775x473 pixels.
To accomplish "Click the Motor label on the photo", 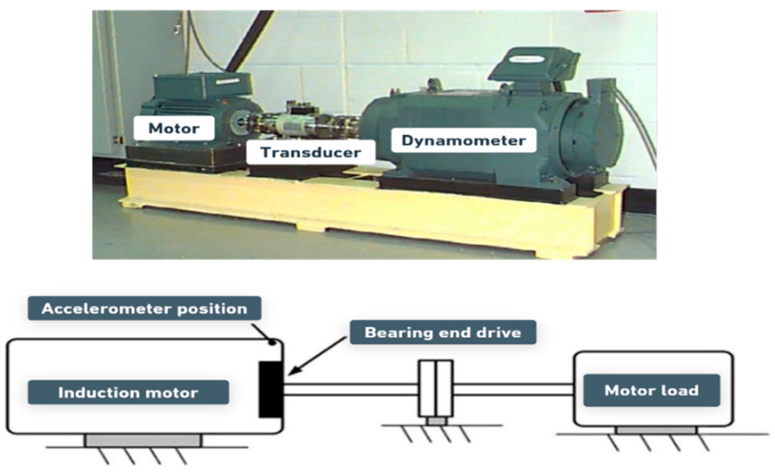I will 174,128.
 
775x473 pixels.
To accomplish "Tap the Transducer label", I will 311,152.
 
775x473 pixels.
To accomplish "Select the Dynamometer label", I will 463,140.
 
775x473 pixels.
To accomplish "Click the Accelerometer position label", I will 144,308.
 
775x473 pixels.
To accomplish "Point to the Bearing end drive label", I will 443,332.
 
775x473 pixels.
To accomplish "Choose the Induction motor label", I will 128,392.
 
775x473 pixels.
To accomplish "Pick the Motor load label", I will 651,390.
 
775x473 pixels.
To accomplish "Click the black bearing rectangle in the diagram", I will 271,389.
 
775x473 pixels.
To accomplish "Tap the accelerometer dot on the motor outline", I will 273,342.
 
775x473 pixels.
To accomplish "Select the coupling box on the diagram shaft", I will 435,388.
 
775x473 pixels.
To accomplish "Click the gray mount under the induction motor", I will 143,441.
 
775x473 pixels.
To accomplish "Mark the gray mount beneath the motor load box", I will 656,430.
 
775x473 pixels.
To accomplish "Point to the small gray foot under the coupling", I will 436,421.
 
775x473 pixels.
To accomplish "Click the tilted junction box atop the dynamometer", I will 533,66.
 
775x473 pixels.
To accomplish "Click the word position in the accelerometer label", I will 212,308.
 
